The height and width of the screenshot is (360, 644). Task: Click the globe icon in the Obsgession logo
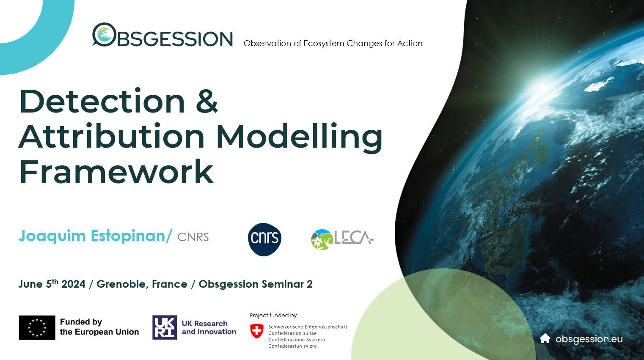click(104, 35)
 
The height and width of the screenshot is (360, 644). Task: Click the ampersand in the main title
click(207, 101)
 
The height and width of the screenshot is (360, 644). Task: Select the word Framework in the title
click(116, 172)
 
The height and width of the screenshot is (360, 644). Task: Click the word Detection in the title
click(102, 101)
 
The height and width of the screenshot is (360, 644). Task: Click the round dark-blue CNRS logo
click(264, 239)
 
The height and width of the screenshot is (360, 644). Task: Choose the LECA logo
click(342, 239)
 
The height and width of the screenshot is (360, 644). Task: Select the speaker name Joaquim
click(52, 236)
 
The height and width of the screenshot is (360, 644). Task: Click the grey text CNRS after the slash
click(193, 237)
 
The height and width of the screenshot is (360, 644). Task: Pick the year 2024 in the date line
click(73, 284)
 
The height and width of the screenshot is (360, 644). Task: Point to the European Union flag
click(37, 327)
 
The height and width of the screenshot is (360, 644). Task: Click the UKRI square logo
click(165, 327)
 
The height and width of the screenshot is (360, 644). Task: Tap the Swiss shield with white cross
click(257, 331)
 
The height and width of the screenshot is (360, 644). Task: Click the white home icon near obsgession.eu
click(545, 338)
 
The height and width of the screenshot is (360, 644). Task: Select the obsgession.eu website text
click(589, 339)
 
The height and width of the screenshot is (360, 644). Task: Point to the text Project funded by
click(273, 316)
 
